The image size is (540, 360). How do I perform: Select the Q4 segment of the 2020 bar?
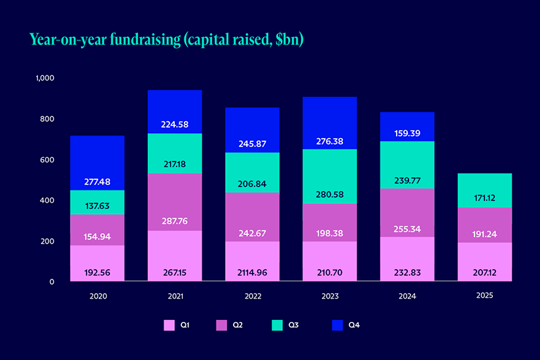click(x=98, y=163)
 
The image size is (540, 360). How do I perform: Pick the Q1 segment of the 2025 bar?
click(x=485, y=262)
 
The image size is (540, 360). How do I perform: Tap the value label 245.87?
click(x=252, y=143)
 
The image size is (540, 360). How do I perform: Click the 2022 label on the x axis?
click(x=252, y=296)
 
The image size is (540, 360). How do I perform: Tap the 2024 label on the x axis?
click(x=407, y=296)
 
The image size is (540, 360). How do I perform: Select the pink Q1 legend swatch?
click(x=169, y=325)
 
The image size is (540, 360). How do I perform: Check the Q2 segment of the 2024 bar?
click(x=407, y=212)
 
